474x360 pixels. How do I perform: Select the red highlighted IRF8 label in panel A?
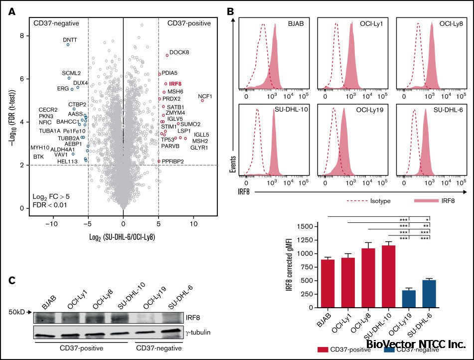pos(175,84)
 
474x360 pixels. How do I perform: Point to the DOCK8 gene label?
pos(179,52)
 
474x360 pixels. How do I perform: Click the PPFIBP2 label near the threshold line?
pos(173,161)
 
